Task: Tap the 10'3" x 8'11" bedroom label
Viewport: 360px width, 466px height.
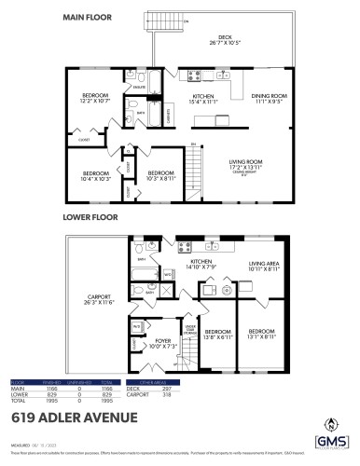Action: (x=161, y=174)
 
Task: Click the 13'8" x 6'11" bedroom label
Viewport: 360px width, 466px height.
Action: (x=217, y=334)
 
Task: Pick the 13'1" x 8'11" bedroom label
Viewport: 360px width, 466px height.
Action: (x=260, y=334)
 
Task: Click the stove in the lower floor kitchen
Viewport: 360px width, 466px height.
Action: (x=185, y=248)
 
